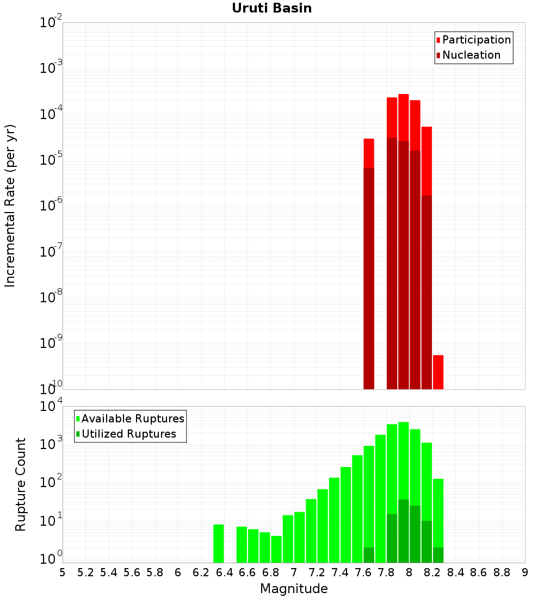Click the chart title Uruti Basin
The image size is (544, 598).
click(271, 8)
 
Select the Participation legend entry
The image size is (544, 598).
click(476, 40)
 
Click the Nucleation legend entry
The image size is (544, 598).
click(471, 55)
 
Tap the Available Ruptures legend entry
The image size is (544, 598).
click(132, 419)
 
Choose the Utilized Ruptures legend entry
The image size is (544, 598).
click(128, 434)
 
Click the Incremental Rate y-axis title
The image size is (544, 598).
click(10, 206)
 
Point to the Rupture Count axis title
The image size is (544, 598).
click(21, 484)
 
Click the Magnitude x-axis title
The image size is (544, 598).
click(294, 589)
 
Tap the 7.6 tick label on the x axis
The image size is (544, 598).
click(363, 572)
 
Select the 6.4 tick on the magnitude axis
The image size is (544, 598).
click(224, 572)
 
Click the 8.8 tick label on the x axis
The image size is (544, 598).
click(502, 572)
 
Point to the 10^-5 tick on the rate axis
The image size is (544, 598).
click(51, 160)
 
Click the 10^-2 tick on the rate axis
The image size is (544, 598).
click(51, 23)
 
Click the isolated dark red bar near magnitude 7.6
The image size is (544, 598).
click(369, 277)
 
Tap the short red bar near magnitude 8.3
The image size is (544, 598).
click(438, 372)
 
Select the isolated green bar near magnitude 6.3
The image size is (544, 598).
click(219, 544)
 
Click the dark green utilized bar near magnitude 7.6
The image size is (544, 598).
click(369, 555)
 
